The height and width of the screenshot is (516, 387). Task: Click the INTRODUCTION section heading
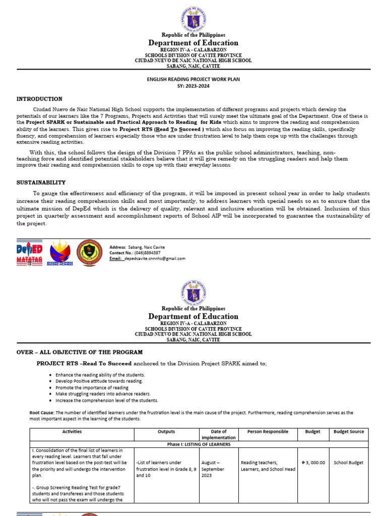pos(40,99)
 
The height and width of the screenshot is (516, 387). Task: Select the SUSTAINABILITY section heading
pos(41,182)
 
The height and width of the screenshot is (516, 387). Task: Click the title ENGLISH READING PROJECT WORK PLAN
pos(193,79)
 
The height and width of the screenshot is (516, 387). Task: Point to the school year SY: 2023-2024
pos(193,86)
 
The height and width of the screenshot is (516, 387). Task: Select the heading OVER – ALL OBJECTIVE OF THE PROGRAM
pos(80,352)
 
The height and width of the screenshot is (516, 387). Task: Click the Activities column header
pos(72,432)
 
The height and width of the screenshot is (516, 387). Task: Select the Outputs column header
pos(166,432)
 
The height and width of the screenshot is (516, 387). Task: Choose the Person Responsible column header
pos(268,432)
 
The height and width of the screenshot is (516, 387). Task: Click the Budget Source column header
pos(349,432)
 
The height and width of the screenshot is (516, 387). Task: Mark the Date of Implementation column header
pos(218,435)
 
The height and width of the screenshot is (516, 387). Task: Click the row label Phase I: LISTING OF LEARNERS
pos(199,444)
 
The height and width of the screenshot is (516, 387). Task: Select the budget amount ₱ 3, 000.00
pos(313,463)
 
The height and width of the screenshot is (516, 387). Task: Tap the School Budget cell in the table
pos(349,463)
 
